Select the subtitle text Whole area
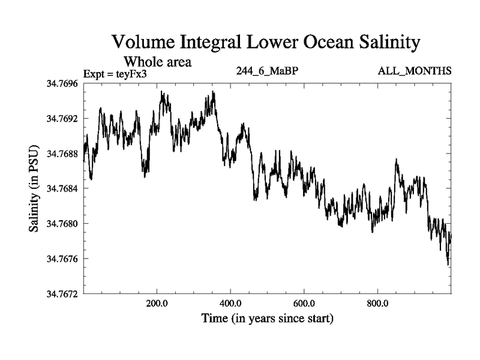click(157, 61)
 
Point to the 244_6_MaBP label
click(268, 71)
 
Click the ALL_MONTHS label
click(414, 71)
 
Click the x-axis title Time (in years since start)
click(267, 318)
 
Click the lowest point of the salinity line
click(448, 265)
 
